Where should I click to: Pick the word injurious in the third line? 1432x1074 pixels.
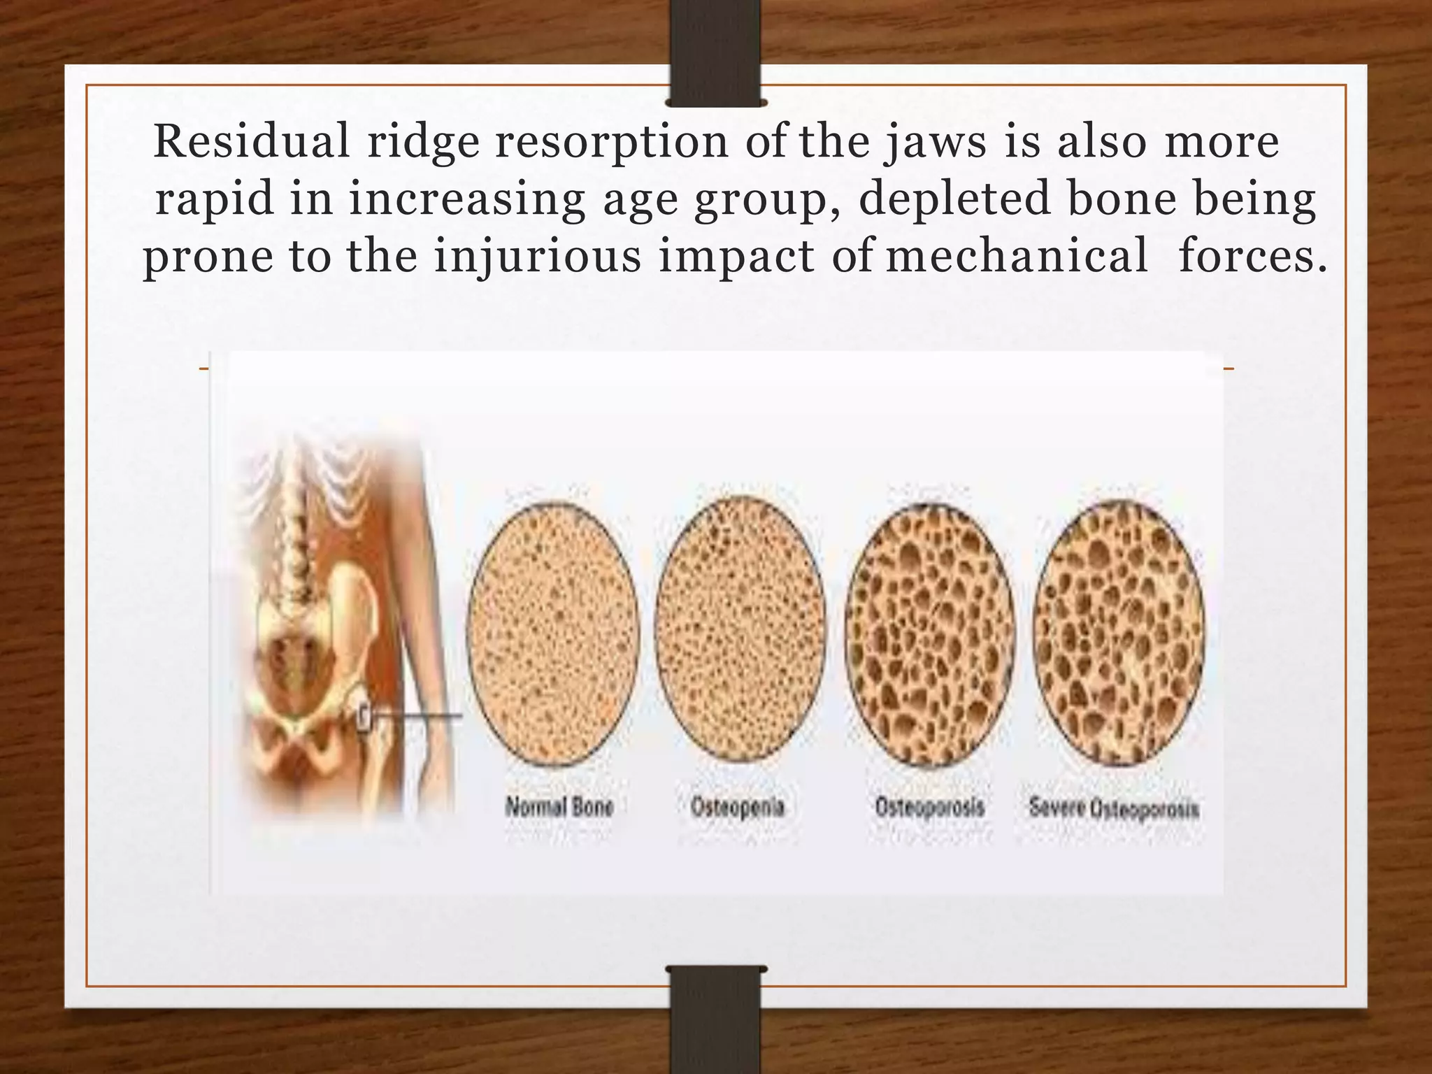click(537, 257)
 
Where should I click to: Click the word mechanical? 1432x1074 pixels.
click(1017, 255)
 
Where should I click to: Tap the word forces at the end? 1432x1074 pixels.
click(1252, 255)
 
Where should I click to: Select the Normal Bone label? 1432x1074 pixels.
click(559, 807)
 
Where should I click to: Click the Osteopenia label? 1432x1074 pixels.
click(738, 807)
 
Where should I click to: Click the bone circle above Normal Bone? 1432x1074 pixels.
click(553, 633)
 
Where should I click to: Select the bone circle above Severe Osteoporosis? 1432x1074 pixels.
click(1119, 633)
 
